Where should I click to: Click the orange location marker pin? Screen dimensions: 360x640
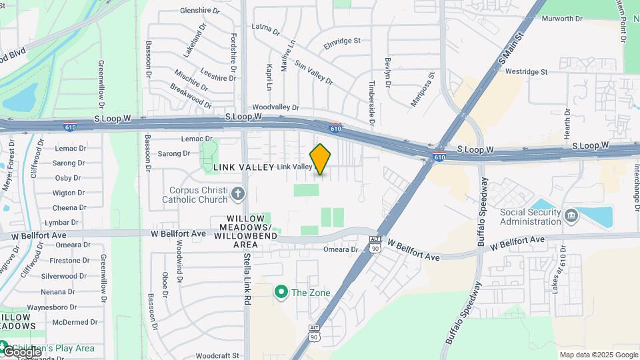coord(321,159)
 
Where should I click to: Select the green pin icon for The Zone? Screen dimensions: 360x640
coord(281,292)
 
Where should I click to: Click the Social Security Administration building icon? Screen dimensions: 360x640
coord(571,216)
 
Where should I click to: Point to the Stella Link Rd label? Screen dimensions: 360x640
coord(246,279)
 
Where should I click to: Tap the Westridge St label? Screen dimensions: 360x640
coord(526,71)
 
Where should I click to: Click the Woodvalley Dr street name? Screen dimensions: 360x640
coord(276,107)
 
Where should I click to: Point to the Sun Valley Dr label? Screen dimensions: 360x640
coord(313,73)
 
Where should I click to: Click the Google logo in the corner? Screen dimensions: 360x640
coord(21,351)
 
